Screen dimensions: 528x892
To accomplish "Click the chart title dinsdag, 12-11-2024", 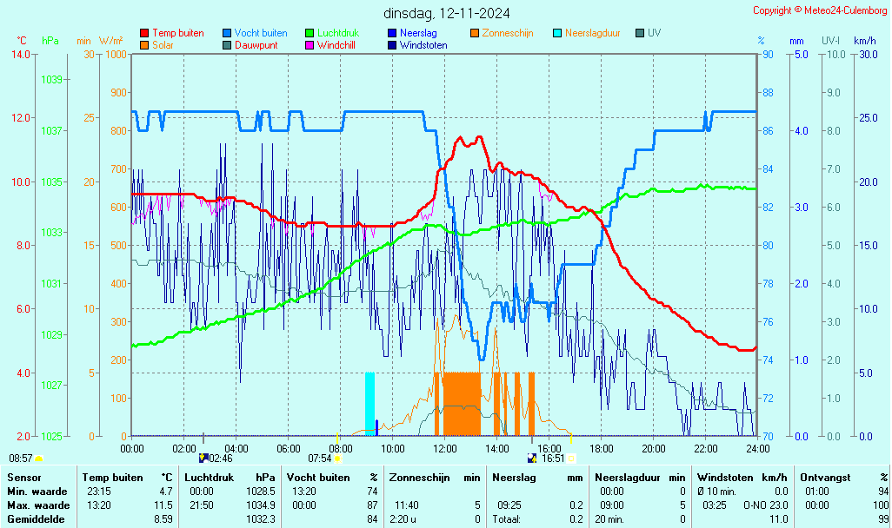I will click(x=447, y=13).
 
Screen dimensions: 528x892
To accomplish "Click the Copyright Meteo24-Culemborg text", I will click(x=820, y=10).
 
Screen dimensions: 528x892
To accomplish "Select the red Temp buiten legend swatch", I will click(x=144, y=33).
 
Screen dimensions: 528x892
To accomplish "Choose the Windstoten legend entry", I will click(x=423, y=45).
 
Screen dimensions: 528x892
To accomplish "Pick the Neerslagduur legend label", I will click(x=592, y=33).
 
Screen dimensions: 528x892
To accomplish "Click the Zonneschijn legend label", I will click(x=507, y=33).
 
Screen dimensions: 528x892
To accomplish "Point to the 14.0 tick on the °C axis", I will click(x=20, y=54).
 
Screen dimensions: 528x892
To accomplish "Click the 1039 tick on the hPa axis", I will click(x=51, y=80).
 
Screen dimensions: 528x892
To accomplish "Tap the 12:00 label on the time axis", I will click(x=445, y=449).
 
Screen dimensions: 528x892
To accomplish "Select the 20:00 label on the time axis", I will click(x=654, y=449).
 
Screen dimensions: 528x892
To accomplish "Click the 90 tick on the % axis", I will click(x=768, y=54).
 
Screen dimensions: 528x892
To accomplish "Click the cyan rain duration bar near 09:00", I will click(x=369, y=404).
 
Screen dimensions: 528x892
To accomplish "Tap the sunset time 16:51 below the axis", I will click(x=554, y=459).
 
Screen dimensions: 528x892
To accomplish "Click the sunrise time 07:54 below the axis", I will click(x=320, y=459).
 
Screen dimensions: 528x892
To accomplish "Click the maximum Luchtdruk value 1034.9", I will click(x=261, y=505).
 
